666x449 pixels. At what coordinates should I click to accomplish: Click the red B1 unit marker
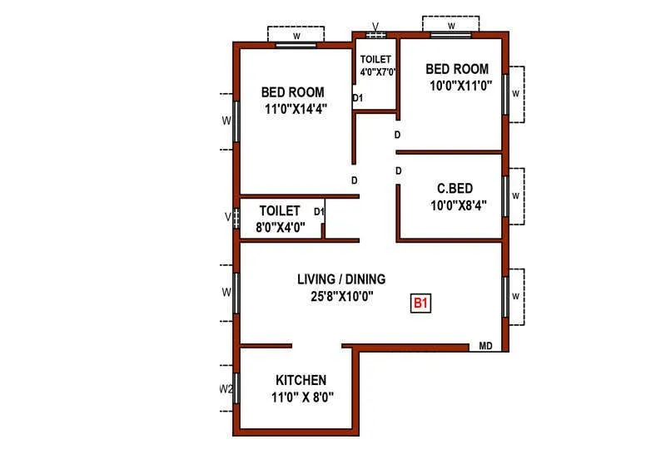(420, 303)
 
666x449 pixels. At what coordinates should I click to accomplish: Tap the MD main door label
(485, 346)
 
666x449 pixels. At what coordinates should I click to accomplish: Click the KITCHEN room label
(301, 380)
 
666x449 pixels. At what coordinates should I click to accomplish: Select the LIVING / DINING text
(341, 279)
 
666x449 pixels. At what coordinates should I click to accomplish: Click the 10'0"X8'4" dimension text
(457, 204)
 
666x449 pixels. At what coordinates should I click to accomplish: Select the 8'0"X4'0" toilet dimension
(279, 225)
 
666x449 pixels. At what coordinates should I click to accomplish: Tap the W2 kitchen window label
(225, 388)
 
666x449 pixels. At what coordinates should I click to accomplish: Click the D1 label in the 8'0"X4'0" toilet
(319, 212)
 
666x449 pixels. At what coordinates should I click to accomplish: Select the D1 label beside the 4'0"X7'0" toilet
(358, 98)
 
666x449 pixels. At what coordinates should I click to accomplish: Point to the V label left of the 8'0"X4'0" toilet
(228, 217)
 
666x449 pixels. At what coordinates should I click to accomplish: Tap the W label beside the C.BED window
(515, 196)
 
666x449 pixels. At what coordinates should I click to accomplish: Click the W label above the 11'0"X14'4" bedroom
(296, 37)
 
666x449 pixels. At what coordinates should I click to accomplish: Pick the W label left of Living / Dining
(226, 292)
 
